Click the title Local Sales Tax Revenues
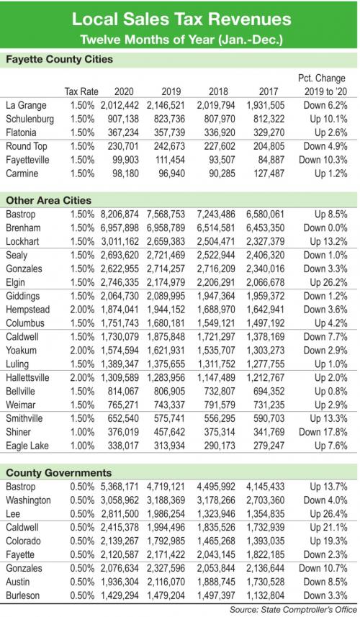tap(181, 19)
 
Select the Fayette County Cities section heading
tap(60, 60)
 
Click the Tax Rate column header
tap(81, 91)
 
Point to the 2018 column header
tap(218, 91)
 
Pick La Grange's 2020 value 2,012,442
tap(120, 105)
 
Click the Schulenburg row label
tap(30, 119)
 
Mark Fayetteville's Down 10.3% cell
tap(323, 160)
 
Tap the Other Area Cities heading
tap(48, 200)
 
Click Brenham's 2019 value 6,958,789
tap(166, 228)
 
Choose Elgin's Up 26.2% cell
tap(328, 282)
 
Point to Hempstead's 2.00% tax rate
tap(83, 310)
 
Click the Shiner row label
tap(18, 432)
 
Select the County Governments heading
tap(59, 472)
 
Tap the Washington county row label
tap(28, 500)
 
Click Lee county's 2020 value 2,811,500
tap(120, 514)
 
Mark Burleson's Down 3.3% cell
tap(325, 595)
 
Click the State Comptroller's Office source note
tap(294, 610)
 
